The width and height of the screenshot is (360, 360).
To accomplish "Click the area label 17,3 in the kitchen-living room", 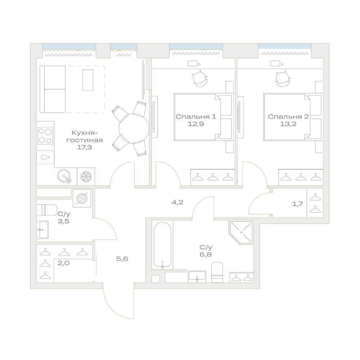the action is pos(85,147).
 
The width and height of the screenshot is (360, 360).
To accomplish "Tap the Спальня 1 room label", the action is pos(196,117).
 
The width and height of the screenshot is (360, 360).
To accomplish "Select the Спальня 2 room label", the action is pos(288,117).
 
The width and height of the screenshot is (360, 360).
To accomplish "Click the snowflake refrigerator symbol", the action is pos(86,176).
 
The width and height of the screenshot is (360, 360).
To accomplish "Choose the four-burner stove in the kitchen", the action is pos(45,136).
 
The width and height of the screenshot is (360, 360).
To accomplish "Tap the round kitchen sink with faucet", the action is pos(64,176).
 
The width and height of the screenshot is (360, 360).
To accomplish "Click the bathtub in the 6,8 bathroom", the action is pos(162,246).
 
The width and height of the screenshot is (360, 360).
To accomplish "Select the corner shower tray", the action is pos(241,232).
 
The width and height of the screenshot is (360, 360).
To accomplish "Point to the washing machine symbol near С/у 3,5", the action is pos(82,198).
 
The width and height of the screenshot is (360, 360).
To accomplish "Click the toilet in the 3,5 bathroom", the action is pos(46,210).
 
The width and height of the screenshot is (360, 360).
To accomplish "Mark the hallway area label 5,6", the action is pos(122,259).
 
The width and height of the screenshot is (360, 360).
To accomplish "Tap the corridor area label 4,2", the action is pos(177,202).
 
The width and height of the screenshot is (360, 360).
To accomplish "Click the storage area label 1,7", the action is pos(297,204).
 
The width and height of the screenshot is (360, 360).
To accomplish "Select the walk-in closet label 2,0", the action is pos(63,263).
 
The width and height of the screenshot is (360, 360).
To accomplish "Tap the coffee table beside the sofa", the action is pos(88,80).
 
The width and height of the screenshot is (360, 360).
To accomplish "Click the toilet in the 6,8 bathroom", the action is pos(217,272).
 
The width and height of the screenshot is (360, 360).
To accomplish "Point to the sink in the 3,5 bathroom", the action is pos(42,230).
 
